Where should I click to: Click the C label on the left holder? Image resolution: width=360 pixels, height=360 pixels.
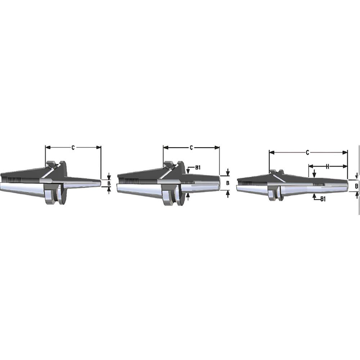73,148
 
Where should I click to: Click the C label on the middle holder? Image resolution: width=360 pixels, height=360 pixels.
191,148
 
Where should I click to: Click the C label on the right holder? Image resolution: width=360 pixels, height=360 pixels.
308,153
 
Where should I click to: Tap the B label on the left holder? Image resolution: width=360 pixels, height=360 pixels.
109,184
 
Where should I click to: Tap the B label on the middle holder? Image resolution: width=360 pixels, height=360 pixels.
228,183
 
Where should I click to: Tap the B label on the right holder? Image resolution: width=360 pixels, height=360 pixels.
356,186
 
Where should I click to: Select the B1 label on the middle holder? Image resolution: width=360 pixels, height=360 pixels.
198,168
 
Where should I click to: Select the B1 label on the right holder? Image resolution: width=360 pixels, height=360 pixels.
323,199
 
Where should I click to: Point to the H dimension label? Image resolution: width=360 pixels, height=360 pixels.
328,166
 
